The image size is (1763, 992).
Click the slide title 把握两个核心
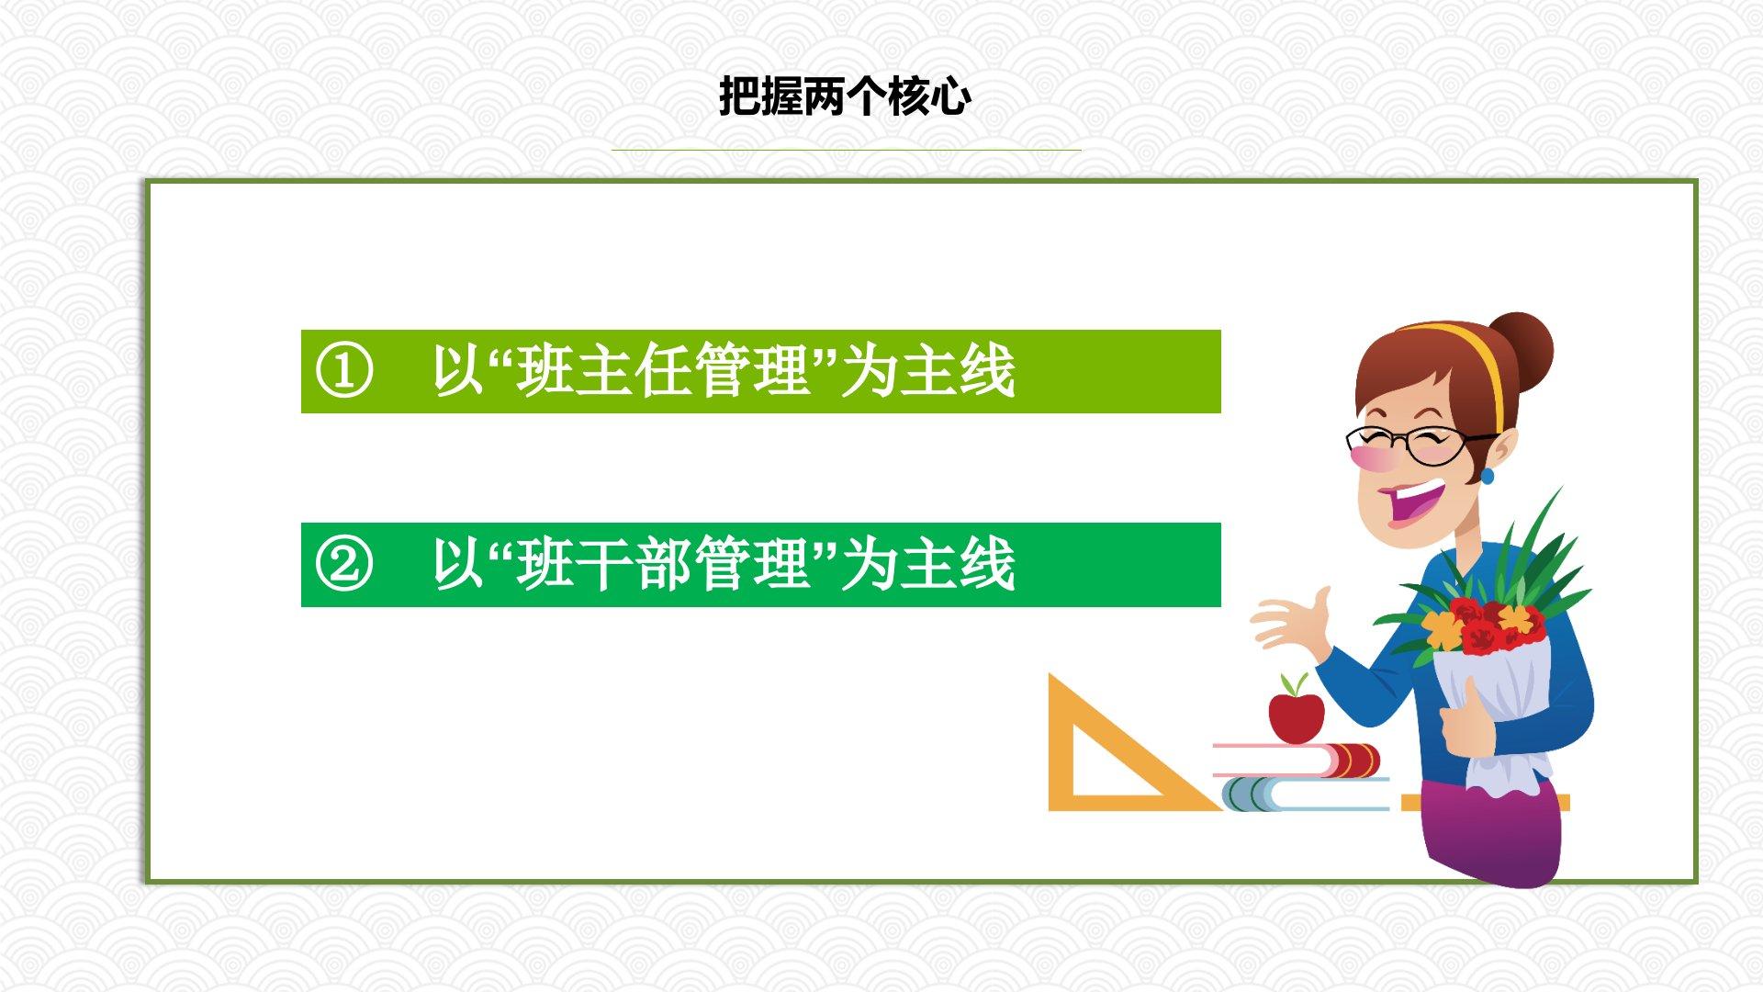tap(844, 96)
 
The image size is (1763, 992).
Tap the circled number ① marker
tap(344, 371)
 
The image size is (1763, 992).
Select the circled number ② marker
tap(344, 564)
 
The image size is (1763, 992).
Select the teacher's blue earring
tap(1488, 477)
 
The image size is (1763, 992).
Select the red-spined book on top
tap(1297, 760)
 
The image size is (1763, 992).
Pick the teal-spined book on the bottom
tap(1304, 795)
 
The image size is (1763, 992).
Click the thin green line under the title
tap(846, 150)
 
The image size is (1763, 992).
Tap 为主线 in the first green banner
tap(927, 371)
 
